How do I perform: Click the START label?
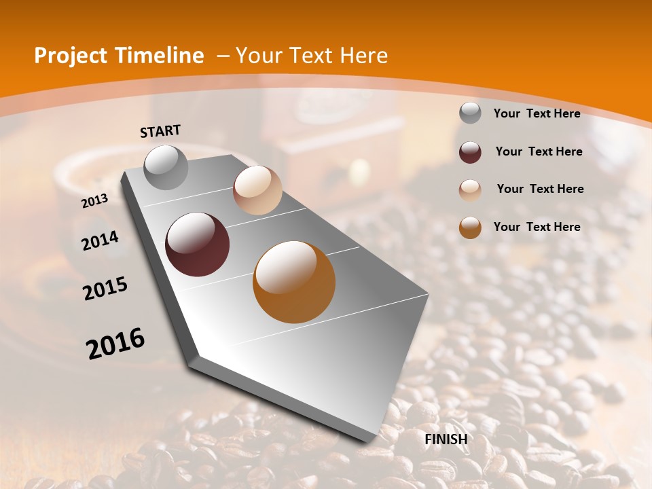point(160,131)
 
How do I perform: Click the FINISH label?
point(446,439)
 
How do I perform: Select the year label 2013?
point(94,200)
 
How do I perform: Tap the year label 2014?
point(101,240)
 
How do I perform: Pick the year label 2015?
point(105,289)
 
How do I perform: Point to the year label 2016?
point(115,344)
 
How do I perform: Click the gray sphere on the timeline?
point(166,167)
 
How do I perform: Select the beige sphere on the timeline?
point(257,190)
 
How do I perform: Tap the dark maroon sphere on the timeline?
point(198,244)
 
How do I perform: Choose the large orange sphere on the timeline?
point(294,282)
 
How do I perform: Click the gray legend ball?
point(470,113)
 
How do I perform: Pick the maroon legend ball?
point(470,152)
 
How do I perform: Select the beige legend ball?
point(470,189)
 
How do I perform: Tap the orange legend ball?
point(470,228)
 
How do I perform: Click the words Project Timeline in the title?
point(119,56)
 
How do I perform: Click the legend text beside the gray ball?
point(537,113)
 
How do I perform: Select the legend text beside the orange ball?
point(537,227)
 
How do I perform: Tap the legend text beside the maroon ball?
point(539,151)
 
